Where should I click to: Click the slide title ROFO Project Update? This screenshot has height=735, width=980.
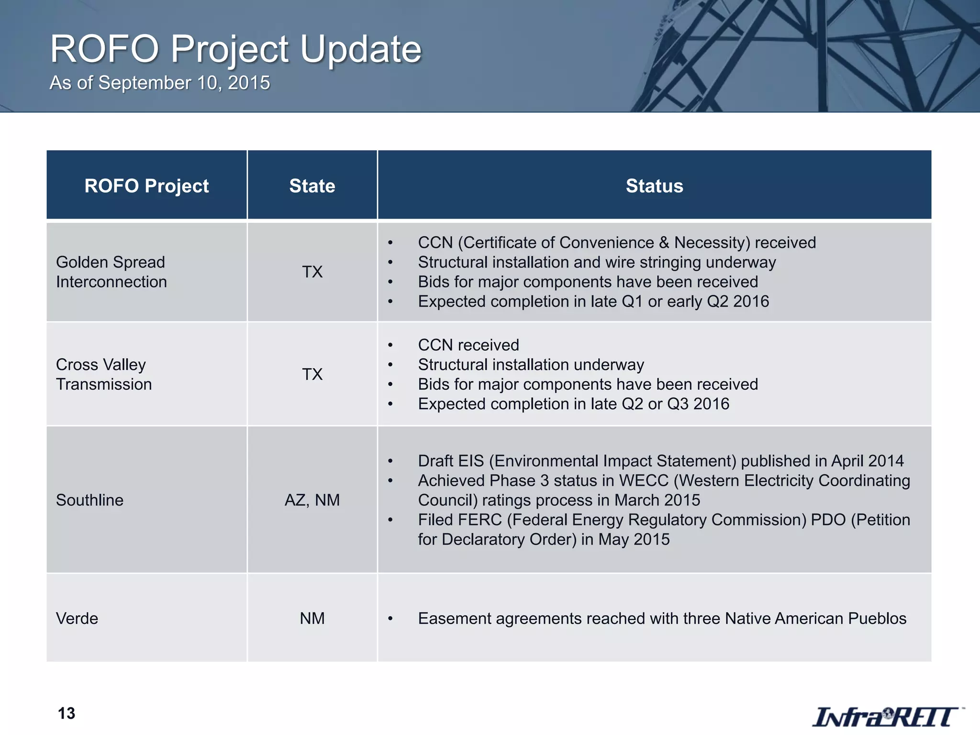[235, 49]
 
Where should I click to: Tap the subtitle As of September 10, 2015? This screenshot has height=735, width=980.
[160, 83]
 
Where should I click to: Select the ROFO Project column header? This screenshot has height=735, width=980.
[146, 186]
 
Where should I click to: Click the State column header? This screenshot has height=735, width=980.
[312, 186]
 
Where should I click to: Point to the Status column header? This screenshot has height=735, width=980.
[654, 186]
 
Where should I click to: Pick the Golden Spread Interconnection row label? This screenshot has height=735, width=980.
[111, 272]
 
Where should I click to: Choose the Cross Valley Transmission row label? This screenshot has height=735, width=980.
[103, 374]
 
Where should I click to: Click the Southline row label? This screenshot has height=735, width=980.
[89, 500]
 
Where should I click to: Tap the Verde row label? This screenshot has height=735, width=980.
[77, 618]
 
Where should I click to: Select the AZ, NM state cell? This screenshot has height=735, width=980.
[312, 500]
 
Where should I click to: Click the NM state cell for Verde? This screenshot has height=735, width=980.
[312, 618]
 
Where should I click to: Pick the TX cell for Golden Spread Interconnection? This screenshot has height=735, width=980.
[312, 272]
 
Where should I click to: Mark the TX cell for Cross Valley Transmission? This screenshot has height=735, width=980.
[312, 374]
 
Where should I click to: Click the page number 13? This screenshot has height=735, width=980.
[67, 713]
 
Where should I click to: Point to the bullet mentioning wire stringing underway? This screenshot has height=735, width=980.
[596, 262]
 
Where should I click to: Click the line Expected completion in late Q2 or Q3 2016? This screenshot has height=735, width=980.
[573, 404]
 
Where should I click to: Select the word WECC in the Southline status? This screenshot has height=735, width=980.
[643, 480]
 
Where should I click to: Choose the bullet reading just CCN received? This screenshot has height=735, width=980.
[468, 345]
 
